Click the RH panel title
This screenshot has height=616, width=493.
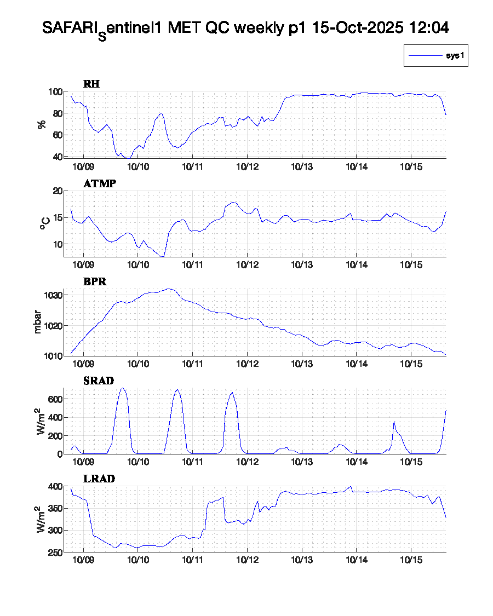click(91, 84)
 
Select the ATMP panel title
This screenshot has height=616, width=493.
click(99, 184)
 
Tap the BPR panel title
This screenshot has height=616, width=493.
click(94, 282)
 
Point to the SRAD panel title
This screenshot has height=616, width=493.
click(98, 381)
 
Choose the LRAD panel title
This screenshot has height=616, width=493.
click(99, 479)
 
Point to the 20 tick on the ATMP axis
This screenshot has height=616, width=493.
click(56, 191)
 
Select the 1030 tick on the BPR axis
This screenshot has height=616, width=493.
click(53, 295)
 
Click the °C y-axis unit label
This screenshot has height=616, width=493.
click(44, 223)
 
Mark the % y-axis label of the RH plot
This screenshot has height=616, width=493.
click(42, 124)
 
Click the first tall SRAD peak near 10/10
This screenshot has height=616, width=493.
click(122, 388)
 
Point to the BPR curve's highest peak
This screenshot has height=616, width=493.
click(169, 289)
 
